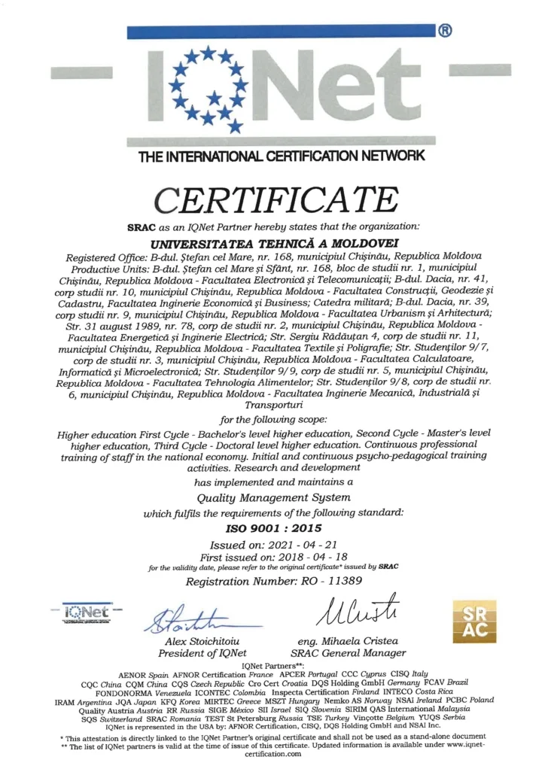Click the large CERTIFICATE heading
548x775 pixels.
tap(274, 199)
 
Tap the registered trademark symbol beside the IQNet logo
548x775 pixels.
tap(445, 32)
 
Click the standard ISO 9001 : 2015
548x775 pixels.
tap(273, 528)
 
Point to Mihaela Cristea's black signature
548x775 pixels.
tap(354, 610)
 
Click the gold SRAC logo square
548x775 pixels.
tap(472, 620)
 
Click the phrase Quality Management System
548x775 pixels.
tap(273, 497)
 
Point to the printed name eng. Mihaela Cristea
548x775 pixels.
tap(352, 640)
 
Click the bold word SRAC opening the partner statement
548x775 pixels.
tap(143, 226)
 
